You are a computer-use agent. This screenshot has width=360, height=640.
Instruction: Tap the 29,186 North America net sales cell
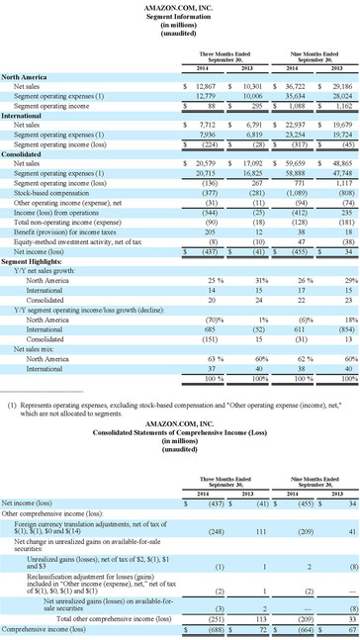[337, 86]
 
